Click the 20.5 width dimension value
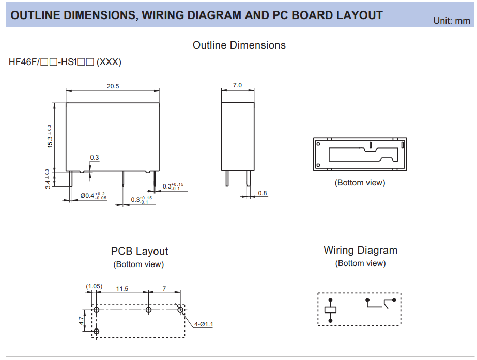coord(113,86)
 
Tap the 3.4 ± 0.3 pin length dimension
coord(48,179)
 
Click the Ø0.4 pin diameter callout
coord(93,196)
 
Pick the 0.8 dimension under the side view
coord(263,193)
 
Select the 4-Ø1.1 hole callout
coord(204,324)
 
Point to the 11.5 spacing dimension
coord(122,289)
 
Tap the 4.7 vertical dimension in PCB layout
coord(81,321)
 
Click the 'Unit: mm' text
coord(452,21)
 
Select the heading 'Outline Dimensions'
coord(239,45)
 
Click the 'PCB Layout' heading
coord(140,252)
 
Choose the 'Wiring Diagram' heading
coord(360,251)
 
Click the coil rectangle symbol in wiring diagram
coord(330,310)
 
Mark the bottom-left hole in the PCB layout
coord(97,331)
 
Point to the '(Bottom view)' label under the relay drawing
coord(360,183)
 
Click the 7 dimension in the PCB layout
coord(164,289)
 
